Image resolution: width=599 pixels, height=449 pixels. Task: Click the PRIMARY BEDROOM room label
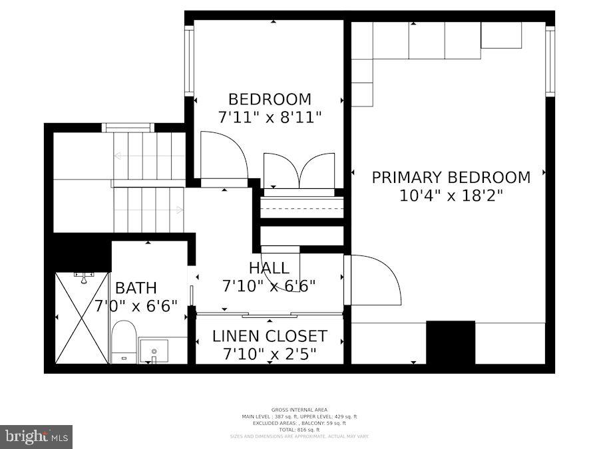[x=451, y=178]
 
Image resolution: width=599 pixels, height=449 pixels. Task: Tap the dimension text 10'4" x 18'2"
[x=451, y=196]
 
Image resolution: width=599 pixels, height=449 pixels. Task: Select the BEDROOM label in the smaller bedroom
[x=270, y=100]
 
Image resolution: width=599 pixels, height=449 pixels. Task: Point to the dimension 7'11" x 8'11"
[x=270, y=117]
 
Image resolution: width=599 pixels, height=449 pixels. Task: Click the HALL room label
[x=269, y=268]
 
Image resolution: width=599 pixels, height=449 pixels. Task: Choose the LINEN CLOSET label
[x=270, y=336]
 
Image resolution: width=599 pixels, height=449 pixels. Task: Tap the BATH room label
[x=136, y=288]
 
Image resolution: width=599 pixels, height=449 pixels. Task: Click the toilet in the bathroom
[x=124, y=340]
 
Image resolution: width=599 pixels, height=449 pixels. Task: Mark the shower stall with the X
[x=81, y=318]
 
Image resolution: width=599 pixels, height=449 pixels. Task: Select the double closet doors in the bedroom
[x=299, y=171]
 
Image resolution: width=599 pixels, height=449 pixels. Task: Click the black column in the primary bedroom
[x=451, y=342]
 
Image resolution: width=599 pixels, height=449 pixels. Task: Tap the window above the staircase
[x=128, y=128]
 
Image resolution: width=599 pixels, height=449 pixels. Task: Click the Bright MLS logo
[x=37, y=436]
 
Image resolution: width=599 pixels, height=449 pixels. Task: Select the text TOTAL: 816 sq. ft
[x=299, y=430]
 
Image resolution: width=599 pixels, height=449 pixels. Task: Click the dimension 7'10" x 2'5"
[x=270, y=354]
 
